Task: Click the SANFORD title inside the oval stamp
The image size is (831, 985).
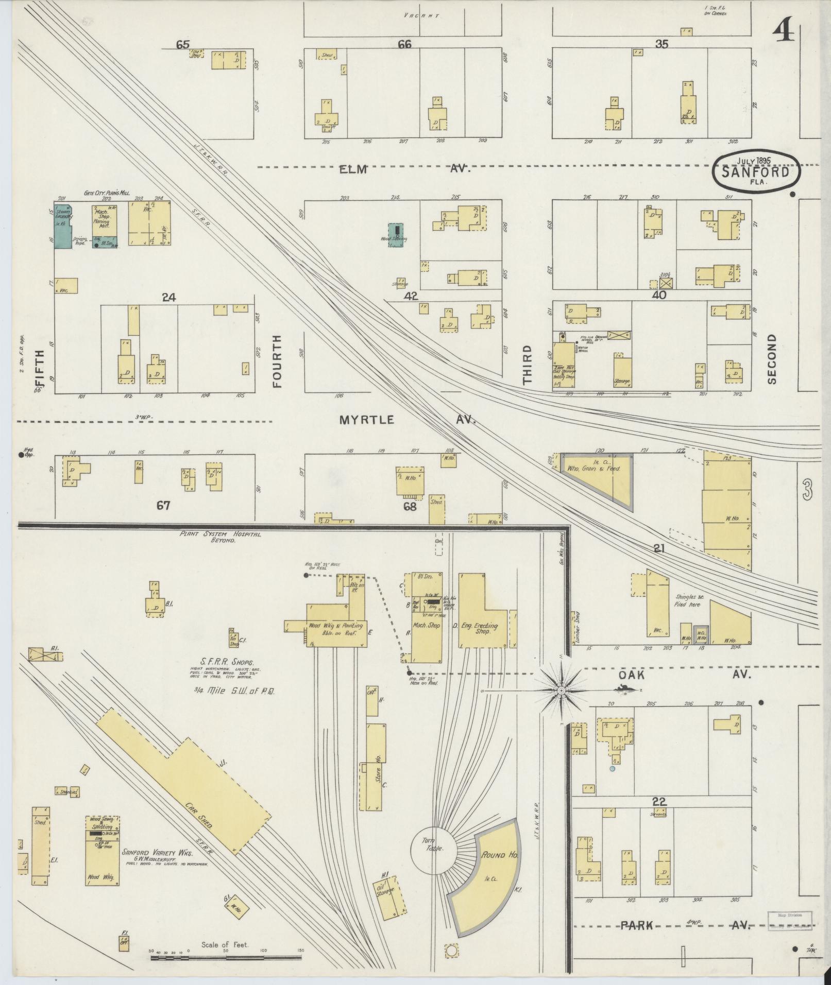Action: coord(756,172)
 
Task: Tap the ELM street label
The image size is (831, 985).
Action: coord(352,169)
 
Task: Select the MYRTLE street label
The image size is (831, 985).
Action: coord(367,420)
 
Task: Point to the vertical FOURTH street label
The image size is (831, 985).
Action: coord(278,361)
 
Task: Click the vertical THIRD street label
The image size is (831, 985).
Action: coord(527,365)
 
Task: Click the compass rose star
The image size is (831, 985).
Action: coord(561,689)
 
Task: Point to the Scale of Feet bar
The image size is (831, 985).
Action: coord(225,958)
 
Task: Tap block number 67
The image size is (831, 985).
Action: coord(163,506)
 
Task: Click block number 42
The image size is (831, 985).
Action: coord(411,296)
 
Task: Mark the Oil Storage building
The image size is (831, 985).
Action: coord(389,901)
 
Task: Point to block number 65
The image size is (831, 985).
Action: coord(182,45)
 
